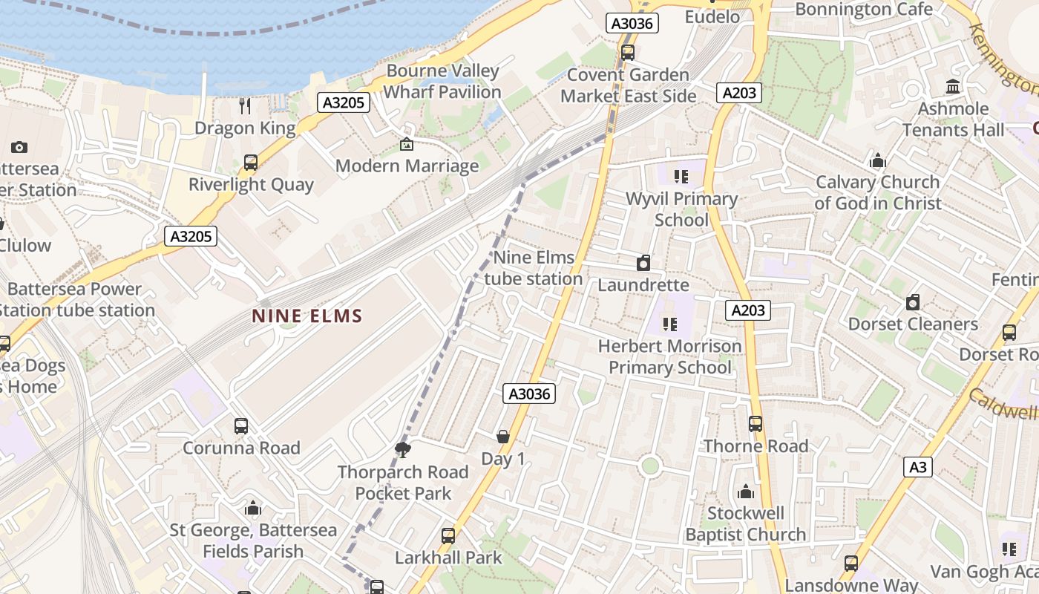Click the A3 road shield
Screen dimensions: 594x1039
(918, 467)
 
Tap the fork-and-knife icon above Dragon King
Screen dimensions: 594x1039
(246, 105)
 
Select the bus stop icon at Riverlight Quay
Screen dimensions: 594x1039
(251, 163)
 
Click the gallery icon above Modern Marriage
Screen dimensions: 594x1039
(406, 144)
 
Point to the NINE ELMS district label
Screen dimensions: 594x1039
(307, 316)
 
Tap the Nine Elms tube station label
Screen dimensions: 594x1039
(534, 268)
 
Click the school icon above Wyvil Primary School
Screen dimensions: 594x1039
(681, 177)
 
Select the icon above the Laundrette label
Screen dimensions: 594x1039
(643, 263)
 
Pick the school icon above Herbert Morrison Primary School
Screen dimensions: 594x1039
(670, 324)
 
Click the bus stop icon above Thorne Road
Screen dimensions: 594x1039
(756, 424)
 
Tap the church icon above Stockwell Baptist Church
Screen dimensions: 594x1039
(746, 492)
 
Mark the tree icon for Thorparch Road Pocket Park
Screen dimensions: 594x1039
(403, 449)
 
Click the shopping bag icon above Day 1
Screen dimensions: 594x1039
(503, 437)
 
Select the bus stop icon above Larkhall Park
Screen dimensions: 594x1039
(448, 535)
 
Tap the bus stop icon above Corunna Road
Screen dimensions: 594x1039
(241, 426)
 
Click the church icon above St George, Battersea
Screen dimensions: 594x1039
(253, 509)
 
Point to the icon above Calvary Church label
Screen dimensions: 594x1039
(878, 160)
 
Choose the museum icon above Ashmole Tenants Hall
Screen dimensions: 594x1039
(954, 87)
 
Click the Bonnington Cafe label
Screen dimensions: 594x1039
(864, 9)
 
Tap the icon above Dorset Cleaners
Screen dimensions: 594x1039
(913, 302)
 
